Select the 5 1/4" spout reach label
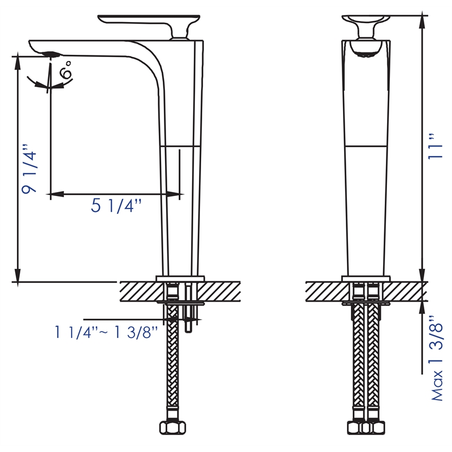pos(116,207)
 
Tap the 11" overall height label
pos(434,147)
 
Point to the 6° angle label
pos(66,72)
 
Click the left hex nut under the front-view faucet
pos(358,428)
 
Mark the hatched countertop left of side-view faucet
pos(138,291)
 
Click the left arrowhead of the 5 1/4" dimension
pos(54,194)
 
